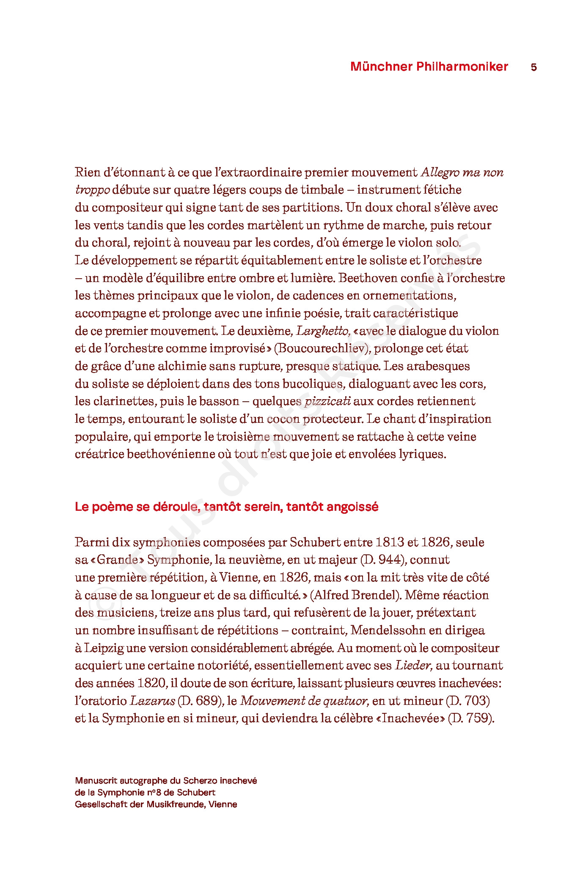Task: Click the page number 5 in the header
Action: pyautogui.click(x=533, y=67)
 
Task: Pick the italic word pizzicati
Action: pyautogui.click(x=327, y=401)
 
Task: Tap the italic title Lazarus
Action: pyautogui.click(x=152, y=701)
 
